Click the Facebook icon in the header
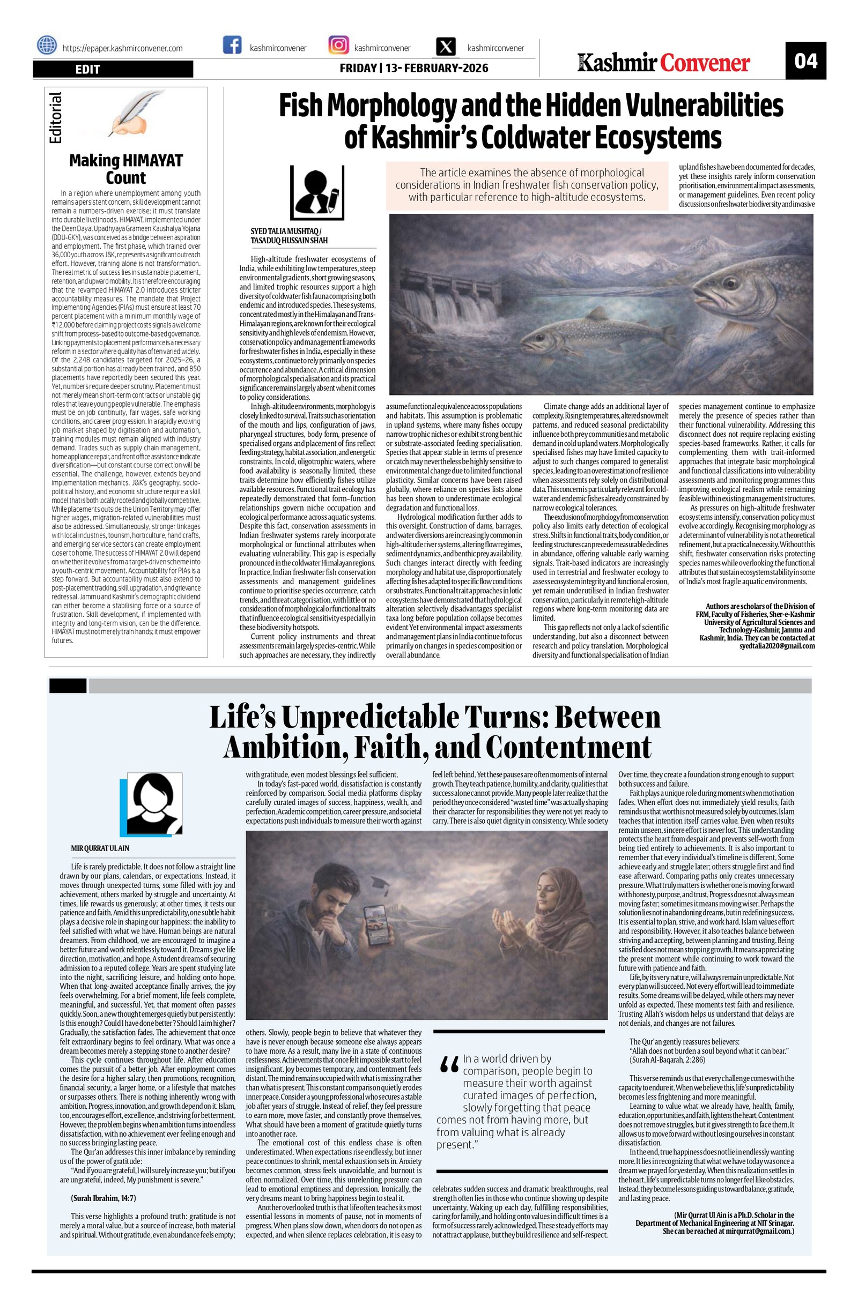click(232, 46)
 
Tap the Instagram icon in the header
click(338, 46)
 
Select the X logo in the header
click(447, 48)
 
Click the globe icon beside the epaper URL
click(47, 47)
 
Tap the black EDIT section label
click(113, 69)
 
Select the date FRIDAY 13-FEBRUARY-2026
click(413, 69)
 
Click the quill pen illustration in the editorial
click(130, 114)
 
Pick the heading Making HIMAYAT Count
click(125, 169)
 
